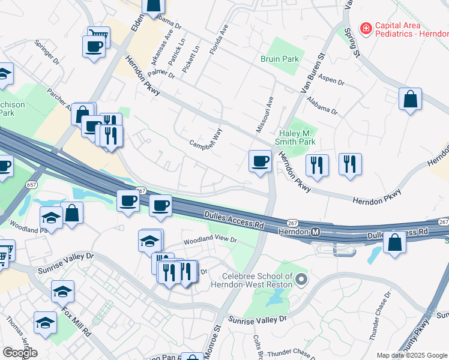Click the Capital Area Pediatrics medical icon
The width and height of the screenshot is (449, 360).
point(365,28)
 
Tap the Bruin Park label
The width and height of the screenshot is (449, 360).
point(280,59)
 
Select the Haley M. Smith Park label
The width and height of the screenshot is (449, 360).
point(298,137)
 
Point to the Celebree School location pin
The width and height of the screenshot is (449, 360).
point(301,279)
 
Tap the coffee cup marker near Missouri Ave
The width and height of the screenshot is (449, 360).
point(260,161)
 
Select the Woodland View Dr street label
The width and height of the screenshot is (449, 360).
point(211,240)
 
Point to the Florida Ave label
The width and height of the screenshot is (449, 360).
point(219,40)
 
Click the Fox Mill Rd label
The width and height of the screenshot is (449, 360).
point(77,321)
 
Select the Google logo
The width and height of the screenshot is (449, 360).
point(20,352)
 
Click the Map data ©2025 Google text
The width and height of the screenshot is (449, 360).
point(412,355)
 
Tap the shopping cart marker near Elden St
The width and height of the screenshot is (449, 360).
point(98,37)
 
